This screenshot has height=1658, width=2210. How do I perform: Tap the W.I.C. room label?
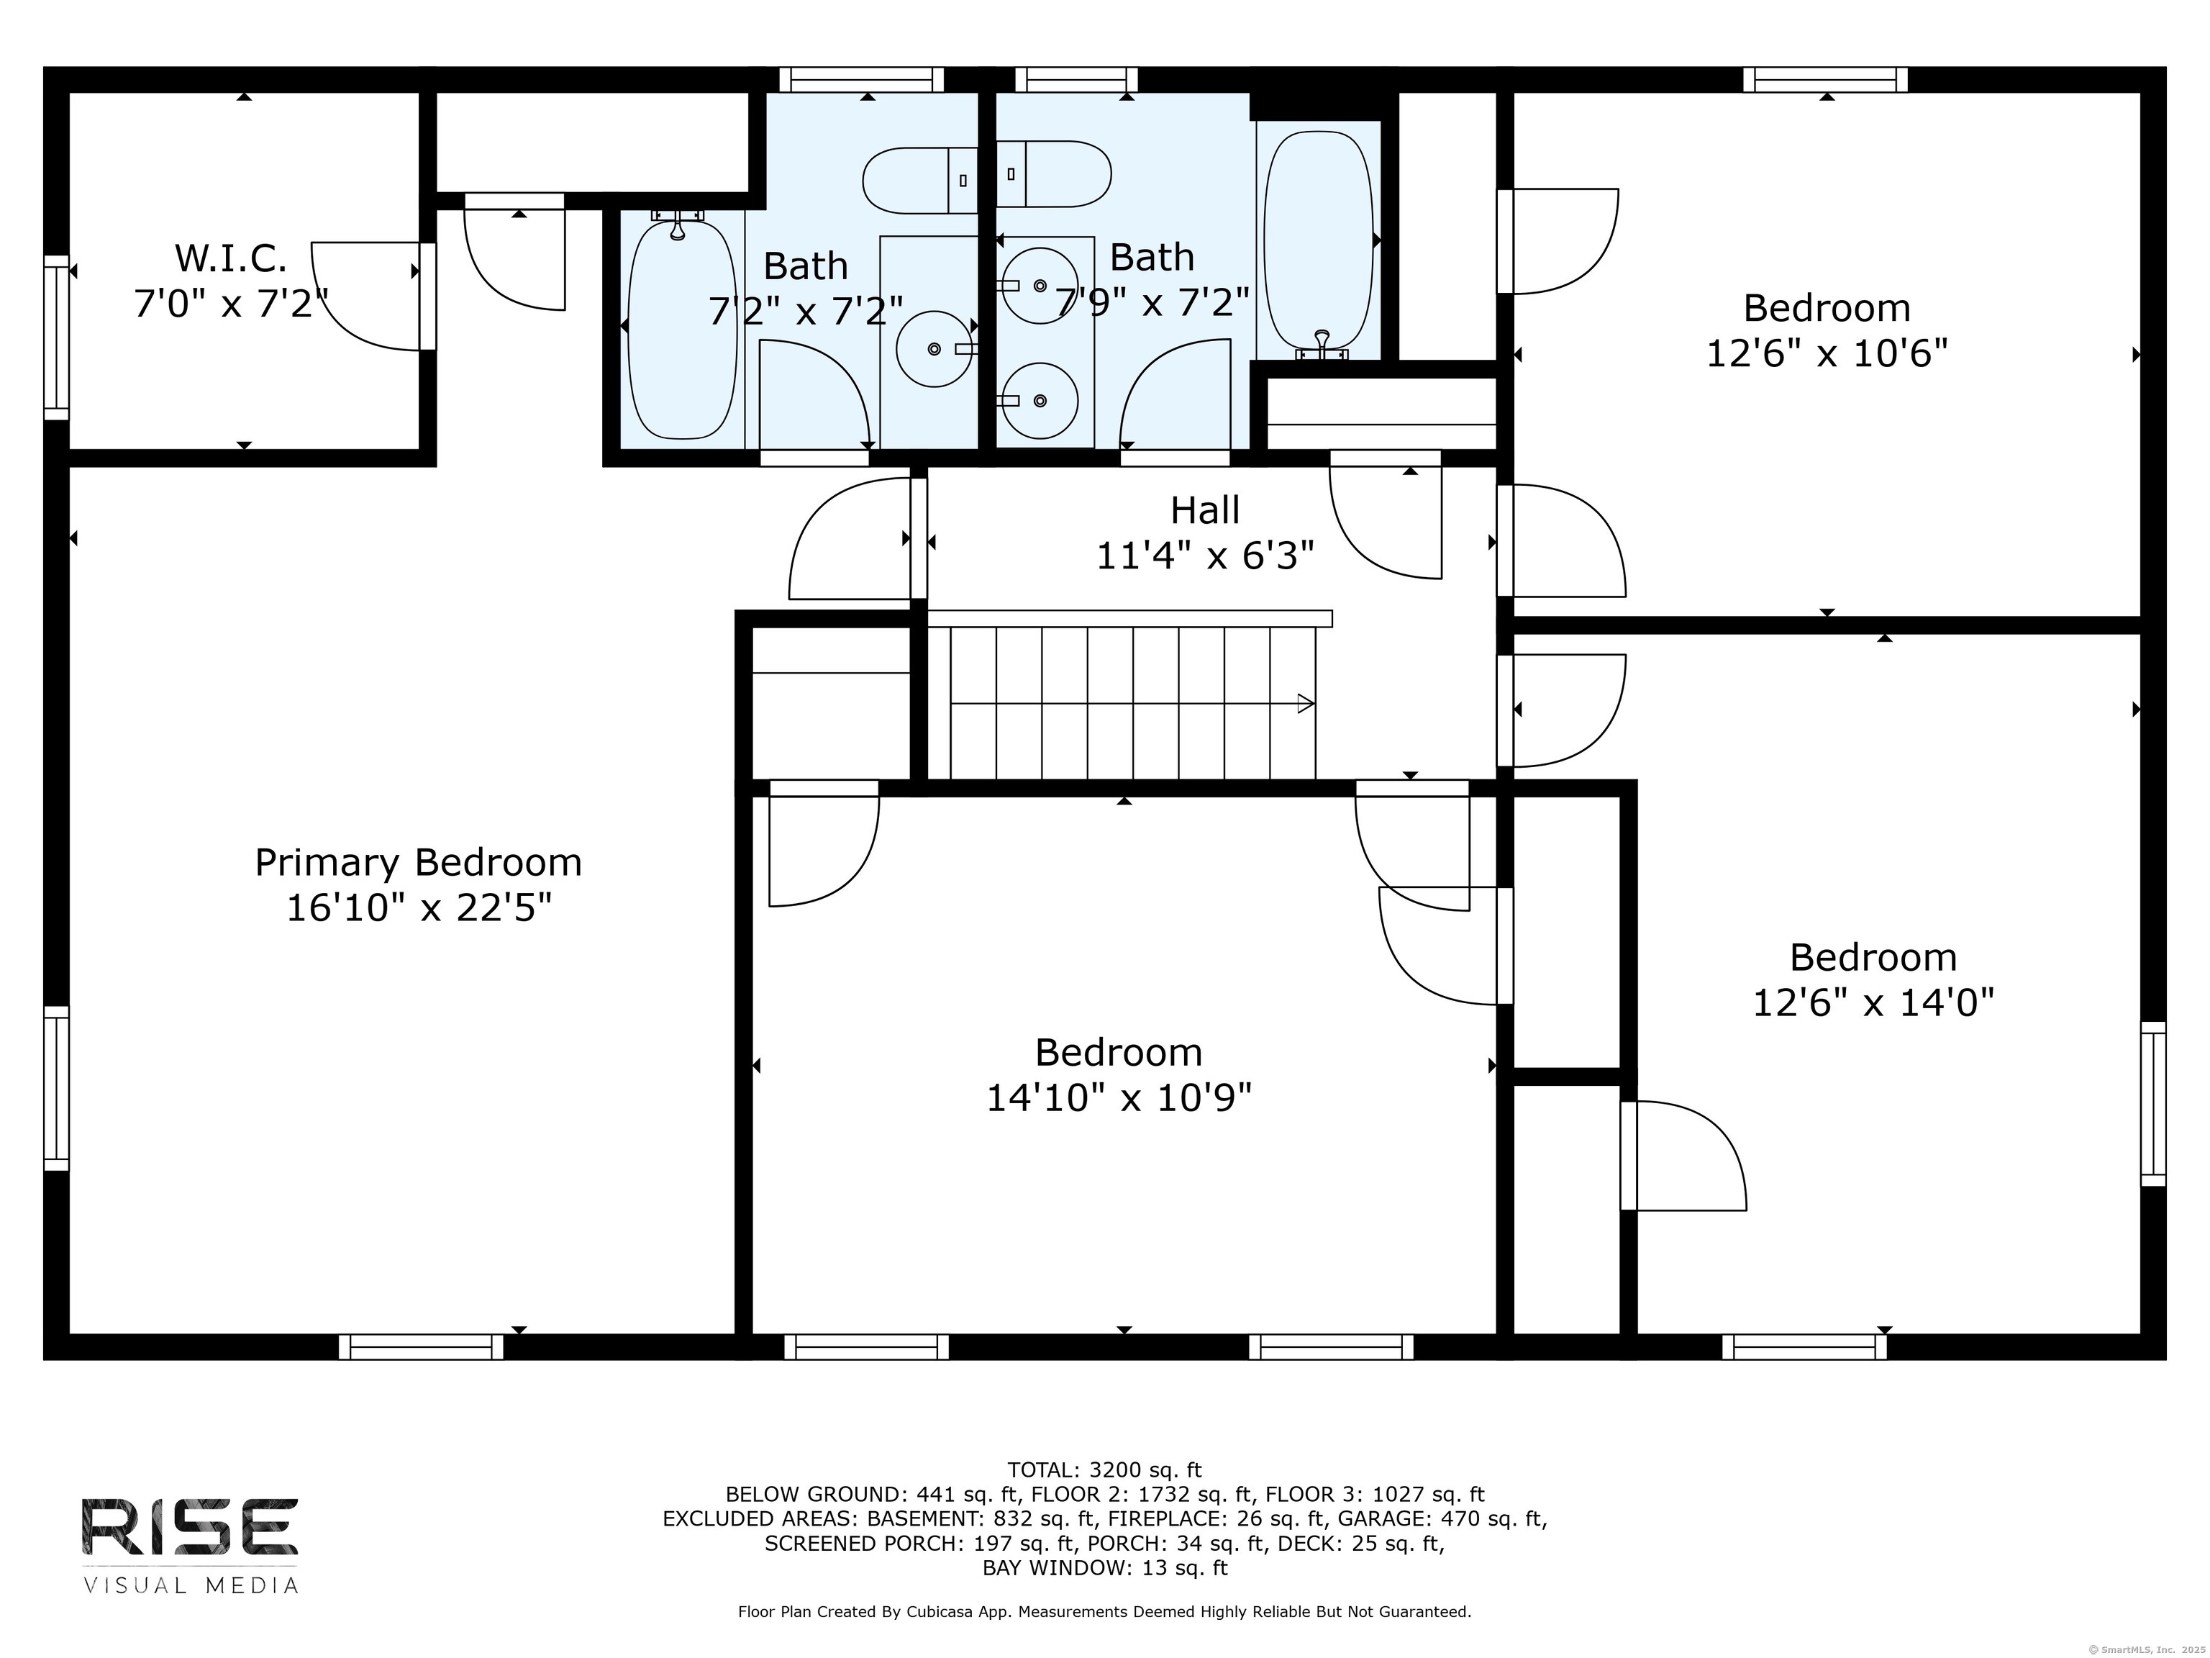click(231, 259)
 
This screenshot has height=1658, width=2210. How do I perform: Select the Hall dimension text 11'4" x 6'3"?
click(1205, 556)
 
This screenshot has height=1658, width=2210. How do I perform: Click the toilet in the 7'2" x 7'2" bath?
click(919, 180)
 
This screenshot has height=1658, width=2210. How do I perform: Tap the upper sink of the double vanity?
click(1039, 286)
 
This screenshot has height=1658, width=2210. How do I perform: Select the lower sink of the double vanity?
click(1039, 401)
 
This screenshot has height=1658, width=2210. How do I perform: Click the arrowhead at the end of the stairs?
click(1305, 704)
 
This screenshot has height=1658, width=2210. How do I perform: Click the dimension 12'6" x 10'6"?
click(1827, 354)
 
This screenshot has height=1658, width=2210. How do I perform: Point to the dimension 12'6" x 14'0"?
click(1873, 1002)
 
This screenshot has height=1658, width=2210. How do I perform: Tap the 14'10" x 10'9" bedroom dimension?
click(1118, 1098)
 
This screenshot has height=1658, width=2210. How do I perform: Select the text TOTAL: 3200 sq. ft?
click(1104, 1470)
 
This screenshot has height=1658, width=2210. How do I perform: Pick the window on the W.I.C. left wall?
click(56, 337)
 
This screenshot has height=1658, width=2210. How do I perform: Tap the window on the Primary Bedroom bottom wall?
click(421, 1347)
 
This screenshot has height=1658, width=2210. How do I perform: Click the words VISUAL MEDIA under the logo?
click(190, 1586)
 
